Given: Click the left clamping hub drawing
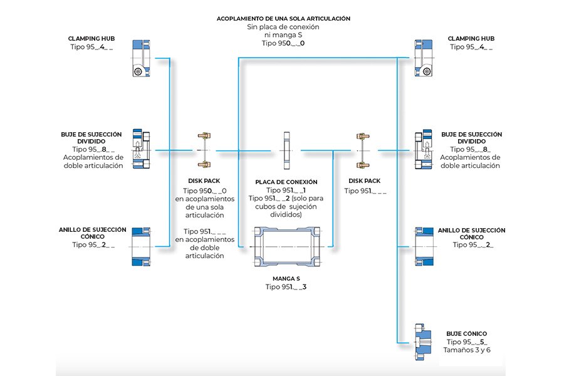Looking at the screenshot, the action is pos(142,58).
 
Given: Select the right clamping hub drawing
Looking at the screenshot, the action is pos(424,58).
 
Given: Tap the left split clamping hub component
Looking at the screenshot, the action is pos(142,149).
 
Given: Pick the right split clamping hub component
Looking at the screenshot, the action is pos(424,149).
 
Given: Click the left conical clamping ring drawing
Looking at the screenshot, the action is pos(142,247).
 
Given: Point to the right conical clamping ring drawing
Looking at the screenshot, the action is pos(424,247).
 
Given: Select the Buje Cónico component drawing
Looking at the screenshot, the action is pos(423,342).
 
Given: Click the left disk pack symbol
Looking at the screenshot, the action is pos(204,150).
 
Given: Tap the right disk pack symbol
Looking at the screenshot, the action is pos(363,150).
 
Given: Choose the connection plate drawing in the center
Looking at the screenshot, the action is pos(286,150).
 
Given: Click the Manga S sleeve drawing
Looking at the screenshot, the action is pos(287,246).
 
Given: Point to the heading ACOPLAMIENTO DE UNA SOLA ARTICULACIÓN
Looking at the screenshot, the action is pos(283,18).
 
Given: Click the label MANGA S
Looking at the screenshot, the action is pos(286,278).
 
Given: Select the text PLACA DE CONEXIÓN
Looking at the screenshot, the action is pos(286,182).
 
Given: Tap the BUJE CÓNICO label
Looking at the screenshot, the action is pos(466,333).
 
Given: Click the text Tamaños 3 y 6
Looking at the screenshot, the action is pos(466,350).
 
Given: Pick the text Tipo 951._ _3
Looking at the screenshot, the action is pos(286,287).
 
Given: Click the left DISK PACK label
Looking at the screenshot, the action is pos(204,181).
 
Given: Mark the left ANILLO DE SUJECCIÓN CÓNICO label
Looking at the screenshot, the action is pos(93,233).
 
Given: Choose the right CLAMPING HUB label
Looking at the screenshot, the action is pos(471,38).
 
